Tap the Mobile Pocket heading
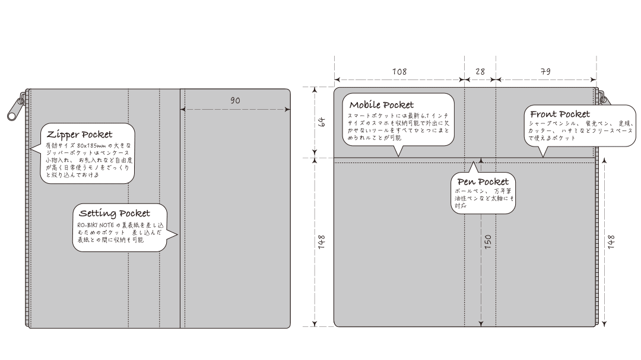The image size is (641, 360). click(382, 105)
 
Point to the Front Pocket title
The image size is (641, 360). click(560, 114)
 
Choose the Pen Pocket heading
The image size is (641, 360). click(483, 181)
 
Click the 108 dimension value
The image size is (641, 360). click(399, 71)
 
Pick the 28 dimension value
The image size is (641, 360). click(480, 71)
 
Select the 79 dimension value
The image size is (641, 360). click(545, 71)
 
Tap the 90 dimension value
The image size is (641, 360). click(235, 101)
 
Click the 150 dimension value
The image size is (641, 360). click(488, 242)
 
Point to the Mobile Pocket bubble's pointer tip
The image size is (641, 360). click(398, 156)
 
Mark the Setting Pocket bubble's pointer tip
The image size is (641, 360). click(177, 235)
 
